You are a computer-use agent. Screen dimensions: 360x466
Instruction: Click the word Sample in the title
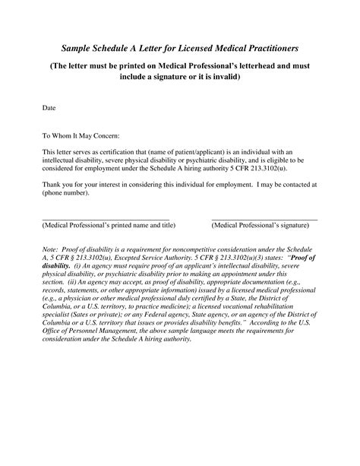81,48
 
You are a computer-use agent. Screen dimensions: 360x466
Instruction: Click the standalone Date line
49,109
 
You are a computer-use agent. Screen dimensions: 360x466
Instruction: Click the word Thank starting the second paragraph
51,184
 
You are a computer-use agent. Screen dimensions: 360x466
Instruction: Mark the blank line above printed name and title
106,220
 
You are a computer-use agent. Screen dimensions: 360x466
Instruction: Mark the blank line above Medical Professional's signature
264,220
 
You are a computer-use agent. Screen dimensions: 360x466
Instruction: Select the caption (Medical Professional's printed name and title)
109,226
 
